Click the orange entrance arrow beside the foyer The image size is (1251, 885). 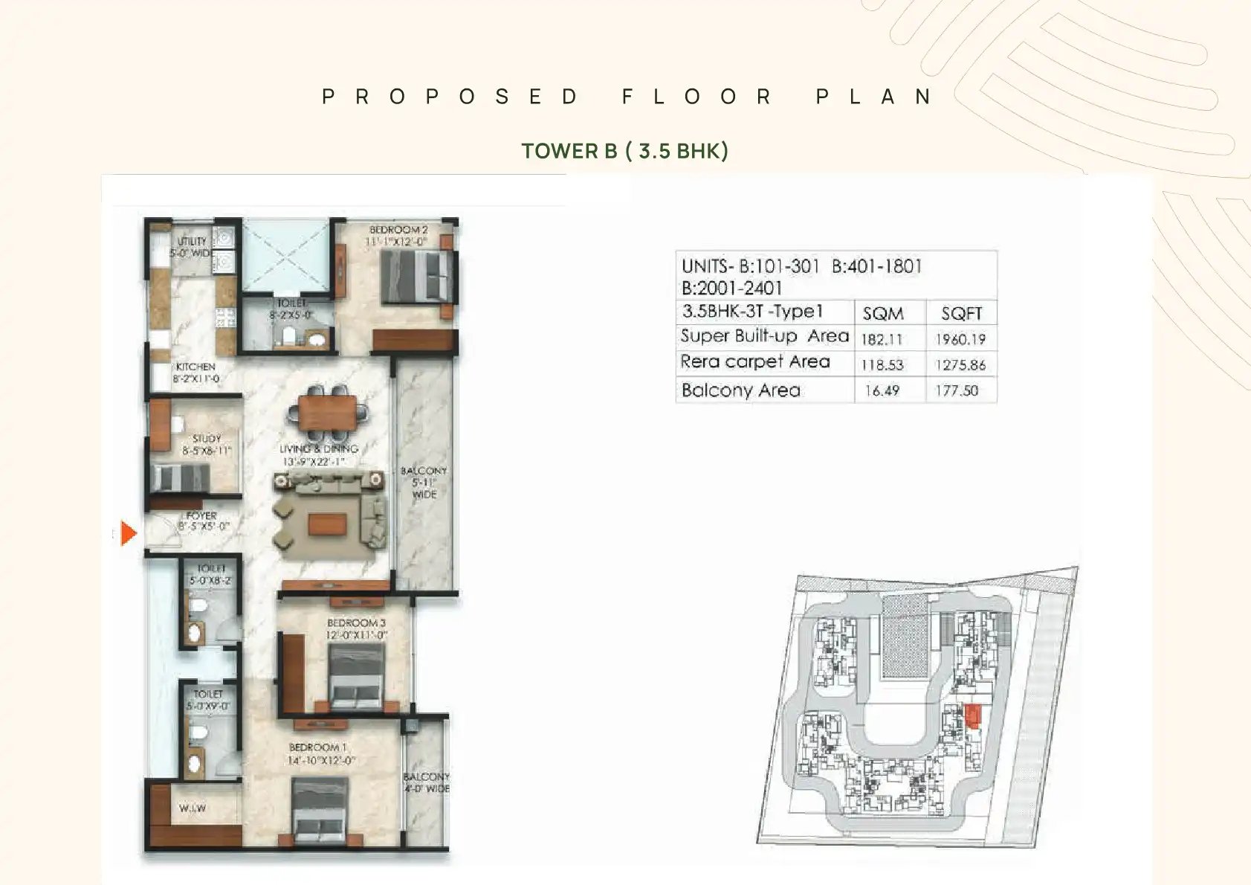pos(129,533)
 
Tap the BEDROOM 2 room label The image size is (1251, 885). pos(398,231)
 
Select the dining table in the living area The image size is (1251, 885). pos(329,411)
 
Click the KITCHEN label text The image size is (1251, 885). pos(195,367)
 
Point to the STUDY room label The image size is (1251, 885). pos(207,439)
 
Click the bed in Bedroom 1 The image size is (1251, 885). pos(320,811)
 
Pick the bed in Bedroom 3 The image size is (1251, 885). pos(357,677)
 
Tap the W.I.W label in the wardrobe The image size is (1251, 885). pos(193,808)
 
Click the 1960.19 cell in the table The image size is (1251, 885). pos(960,339)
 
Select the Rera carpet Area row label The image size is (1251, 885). pos(755,362)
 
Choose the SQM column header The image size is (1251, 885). pos(883,313)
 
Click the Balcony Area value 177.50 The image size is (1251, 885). pos(957,390)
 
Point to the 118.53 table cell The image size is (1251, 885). pos(882,365)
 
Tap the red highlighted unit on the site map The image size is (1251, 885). pos(973,715)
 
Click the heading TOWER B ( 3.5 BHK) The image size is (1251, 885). pos(624,151)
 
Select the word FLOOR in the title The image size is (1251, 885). pos(696,97)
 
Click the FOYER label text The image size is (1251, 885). pos(201,515)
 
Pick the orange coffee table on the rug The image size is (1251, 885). pos(327,525)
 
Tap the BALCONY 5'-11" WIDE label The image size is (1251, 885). pos(424,482)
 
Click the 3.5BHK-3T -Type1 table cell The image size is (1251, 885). pos(753,312)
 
